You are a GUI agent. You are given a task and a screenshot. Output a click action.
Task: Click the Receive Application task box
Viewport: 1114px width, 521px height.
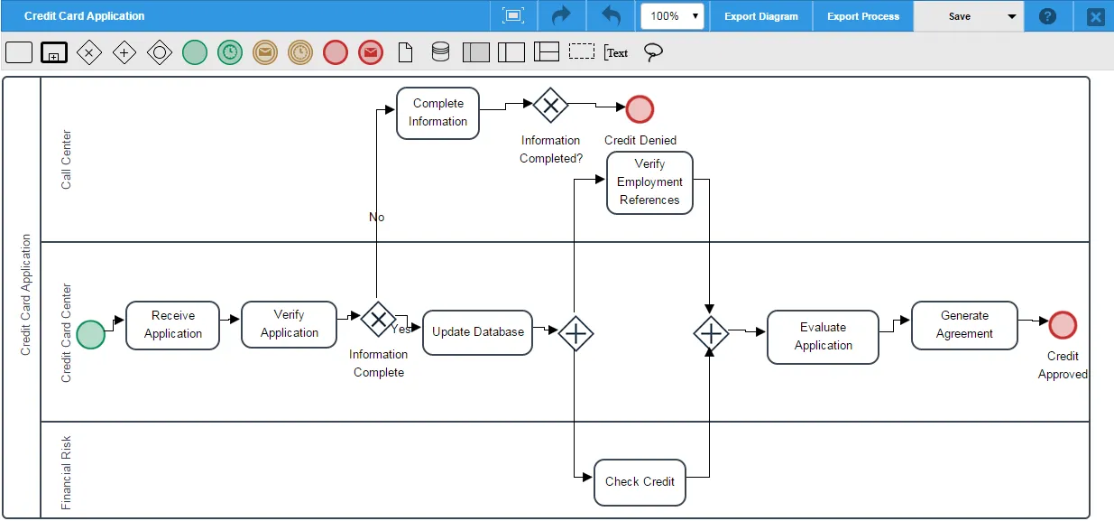click(172, 325)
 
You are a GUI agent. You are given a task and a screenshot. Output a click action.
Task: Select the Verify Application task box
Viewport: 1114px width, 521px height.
click(289, 324)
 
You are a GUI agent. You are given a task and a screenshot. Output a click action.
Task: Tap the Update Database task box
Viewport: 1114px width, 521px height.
click(477, 332)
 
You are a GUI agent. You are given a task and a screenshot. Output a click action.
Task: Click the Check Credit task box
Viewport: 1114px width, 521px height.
click(640, 482)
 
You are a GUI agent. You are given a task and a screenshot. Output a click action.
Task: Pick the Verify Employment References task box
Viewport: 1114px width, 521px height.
click(649, 182)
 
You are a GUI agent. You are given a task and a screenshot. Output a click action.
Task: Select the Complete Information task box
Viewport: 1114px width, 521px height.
click(437, 113)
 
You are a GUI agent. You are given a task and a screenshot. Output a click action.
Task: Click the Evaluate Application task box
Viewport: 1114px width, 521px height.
click(823, 337)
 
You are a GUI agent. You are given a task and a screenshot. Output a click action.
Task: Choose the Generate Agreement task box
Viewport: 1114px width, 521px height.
click(964, 325)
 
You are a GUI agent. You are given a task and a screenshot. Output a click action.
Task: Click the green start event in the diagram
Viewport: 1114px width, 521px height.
click(90, 334)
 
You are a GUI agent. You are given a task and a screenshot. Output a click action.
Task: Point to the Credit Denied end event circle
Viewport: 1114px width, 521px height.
click(640, 109)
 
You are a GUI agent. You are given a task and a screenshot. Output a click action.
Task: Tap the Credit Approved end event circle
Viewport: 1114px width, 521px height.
click(1063, 325)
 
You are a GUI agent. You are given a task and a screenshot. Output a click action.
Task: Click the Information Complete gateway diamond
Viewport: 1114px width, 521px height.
click(378, 319)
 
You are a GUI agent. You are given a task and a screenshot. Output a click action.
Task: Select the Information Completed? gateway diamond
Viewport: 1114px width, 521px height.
click(550, 105)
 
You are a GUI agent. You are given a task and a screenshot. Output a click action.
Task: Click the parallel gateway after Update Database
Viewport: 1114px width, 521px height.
click(575, 333)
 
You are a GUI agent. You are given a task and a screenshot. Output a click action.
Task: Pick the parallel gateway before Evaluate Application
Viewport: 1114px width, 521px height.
click(711, 333)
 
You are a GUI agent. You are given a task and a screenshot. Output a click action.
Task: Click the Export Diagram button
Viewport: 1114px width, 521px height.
click(761, 16)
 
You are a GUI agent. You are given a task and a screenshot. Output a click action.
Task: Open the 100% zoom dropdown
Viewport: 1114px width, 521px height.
click(672, 16)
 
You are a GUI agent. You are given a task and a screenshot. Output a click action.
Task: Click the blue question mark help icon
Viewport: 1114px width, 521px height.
click(1047, 16)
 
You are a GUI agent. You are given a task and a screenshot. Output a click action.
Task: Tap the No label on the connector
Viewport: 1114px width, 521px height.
click(376, 217)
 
